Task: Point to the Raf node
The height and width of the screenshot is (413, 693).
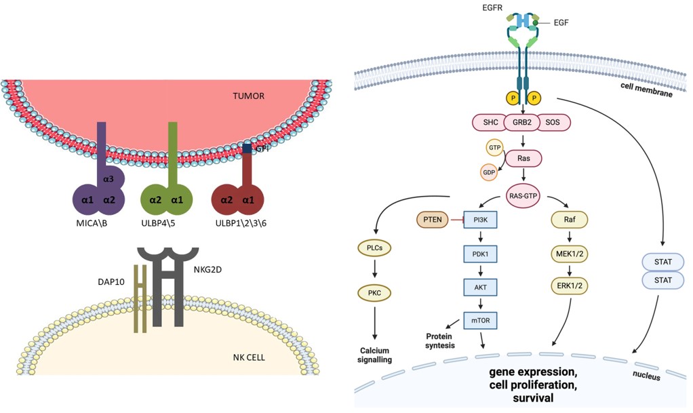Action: click(569, 220)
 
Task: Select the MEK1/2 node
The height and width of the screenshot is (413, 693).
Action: click(569, 254)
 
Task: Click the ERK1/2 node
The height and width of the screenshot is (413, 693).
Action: click(569, 287)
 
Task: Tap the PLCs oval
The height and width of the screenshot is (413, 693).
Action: click(375, 248)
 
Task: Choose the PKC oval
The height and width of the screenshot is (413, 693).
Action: click(375, 294)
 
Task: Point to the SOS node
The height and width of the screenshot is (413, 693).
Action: click(554, 123)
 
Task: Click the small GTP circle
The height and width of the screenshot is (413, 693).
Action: click(495, 147)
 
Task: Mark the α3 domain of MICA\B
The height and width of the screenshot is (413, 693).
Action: click(108, 178)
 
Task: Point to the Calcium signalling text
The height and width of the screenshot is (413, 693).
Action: click(375, 355)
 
